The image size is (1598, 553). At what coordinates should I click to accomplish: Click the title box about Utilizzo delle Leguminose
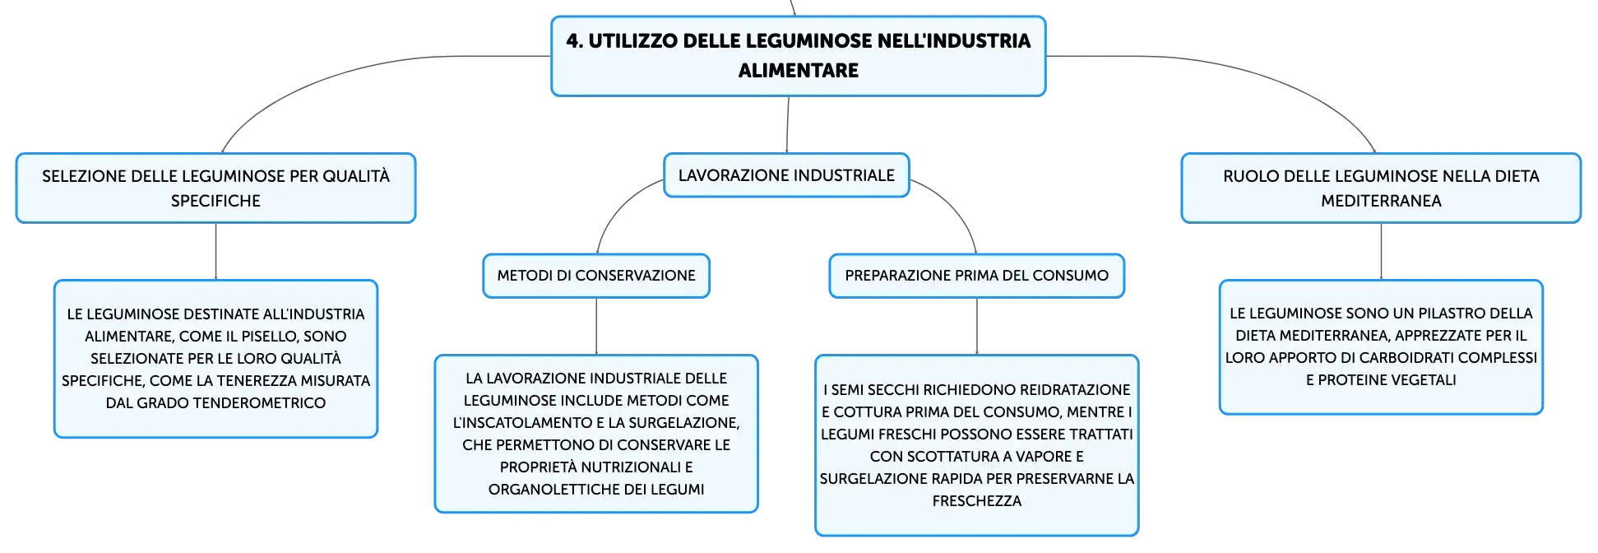(x=798, y=56)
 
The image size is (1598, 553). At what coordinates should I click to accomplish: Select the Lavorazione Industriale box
(x=786, y=175)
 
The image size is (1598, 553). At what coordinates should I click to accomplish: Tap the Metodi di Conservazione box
(x=596, y=276)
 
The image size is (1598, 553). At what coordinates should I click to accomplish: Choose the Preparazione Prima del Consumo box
(x=976, y=276)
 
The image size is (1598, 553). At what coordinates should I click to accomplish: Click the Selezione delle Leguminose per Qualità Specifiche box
(x=215, y=188)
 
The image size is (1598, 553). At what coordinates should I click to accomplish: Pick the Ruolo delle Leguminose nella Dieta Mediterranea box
(x=1381, y=188)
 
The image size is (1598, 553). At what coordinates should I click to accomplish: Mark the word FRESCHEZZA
(x=977, y=501)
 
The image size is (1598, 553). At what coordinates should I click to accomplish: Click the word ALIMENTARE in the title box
(x=798, y=71)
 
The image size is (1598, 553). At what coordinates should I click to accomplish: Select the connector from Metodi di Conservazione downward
(x=596, y=326)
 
